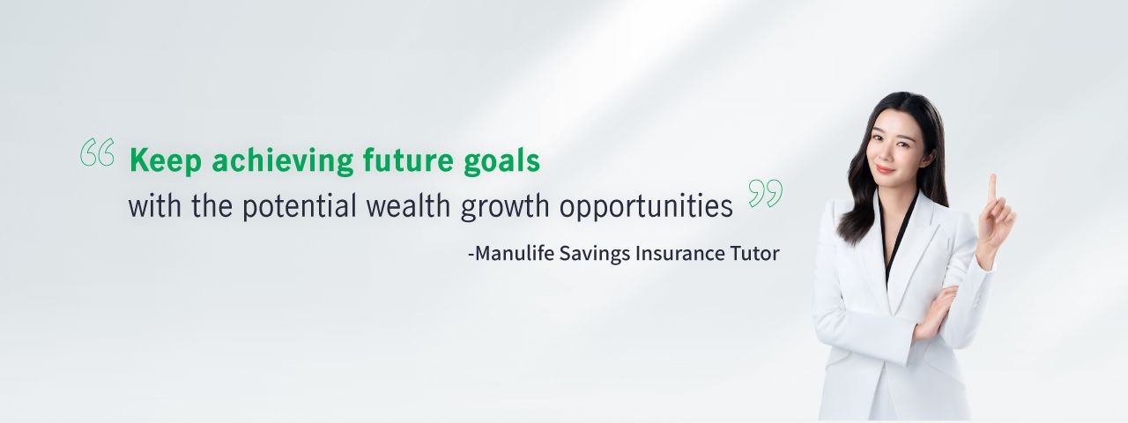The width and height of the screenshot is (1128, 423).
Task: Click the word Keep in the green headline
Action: (x=166, y=160)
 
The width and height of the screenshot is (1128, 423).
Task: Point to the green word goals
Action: (x=501, y=161)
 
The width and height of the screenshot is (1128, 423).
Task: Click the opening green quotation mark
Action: (x=97, y=152)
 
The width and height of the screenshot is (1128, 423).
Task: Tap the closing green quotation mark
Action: (x=766, y=193)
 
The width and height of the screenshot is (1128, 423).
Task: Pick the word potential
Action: (x=299, y=206)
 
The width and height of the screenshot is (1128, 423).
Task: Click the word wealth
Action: (x=408, y=205)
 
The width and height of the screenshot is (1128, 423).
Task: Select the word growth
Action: (x=505, y=206)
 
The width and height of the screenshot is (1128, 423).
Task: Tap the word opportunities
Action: (x=646, y=206)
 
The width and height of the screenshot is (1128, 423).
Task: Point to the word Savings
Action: (x=595, y=254)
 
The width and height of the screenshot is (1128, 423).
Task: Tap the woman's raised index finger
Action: (x=992, y=188)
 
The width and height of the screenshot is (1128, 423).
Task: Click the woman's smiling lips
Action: (x=885, y=169)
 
